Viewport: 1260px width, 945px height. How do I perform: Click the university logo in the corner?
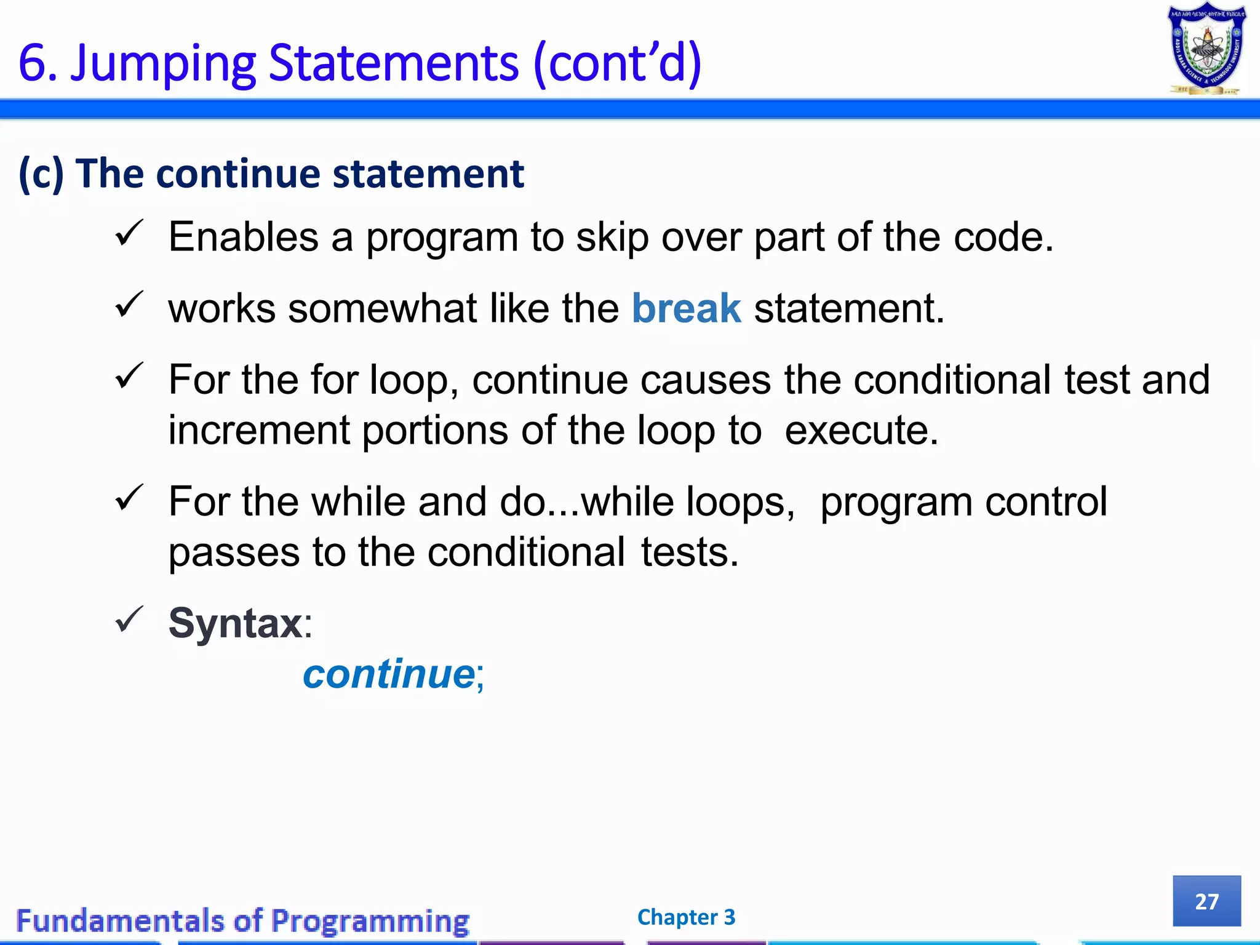click(1206, 49)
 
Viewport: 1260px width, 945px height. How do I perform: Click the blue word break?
click(686, 308)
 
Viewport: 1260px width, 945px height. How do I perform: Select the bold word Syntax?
click(235, 623)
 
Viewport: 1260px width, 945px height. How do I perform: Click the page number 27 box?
click(1206, 901)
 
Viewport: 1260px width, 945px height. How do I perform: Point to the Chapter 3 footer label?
click(686, 917)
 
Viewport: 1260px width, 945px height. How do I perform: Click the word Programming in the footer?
click(370, 921)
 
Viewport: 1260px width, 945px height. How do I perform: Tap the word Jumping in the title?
click(163, 63)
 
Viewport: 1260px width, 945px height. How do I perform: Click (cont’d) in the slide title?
click(617, 63)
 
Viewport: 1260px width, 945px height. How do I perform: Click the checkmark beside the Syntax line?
click(129, 620)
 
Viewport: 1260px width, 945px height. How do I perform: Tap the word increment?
click(258, 430)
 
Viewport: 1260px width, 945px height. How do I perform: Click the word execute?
click(861, 430)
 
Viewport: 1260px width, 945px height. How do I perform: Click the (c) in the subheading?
click(41, 174)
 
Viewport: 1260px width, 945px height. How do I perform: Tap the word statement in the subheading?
click(428, 174)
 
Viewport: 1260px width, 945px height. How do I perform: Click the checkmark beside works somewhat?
click(129, 305)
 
